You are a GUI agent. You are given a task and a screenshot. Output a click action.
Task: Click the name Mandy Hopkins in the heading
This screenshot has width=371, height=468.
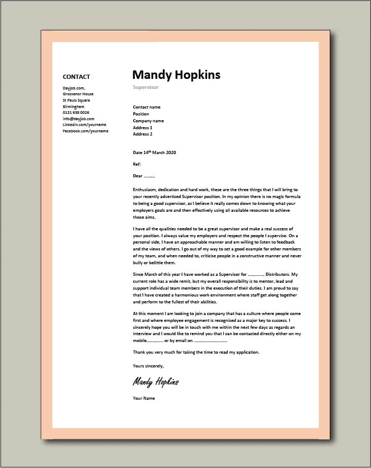(176, 75)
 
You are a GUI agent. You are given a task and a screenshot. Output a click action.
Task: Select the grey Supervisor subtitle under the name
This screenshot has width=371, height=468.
(145, 87)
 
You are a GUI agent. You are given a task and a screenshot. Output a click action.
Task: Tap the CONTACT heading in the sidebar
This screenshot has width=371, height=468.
(76, 77)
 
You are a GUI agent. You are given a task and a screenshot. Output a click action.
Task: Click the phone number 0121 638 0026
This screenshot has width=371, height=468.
(76, 112)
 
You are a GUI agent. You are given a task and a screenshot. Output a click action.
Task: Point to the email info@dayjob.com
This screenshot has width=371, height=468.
(77, 119)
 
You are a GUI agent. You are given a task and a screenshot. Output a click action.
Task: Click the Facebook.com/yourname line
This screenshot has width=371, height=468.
(86, 131)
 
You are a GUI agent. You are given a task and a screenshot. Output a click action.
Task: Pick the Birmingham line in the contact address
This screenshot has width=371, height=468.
(73, 106)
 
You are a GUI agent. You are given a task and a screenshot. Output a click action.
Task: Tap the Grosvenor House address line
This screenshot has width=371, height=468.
(78, 94)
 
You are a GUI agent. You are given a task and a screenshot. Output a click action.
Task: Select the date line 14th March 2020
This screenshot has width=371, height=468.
(154, 152)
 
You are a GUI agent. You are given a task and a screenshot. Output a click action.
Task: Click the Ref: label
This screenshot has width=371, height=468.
(137, 164)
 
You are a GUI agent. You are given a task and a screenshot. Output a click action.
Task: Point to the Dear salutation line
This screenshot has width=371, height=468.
(144, 176)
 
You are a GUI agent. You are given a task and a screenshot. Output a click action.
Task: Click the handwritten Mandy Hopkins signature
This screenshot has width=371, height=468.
(156, 382)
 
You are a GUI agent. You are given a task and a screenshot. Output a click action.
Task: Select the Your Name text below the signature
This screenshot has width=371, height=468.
(144, 398)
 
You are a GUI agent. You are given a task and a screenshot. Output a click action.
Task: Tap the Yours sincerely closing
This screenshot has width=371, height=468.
(149, 366)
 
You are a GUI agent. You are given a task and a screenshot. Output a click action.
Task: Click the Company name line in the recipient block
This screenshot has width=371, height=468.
(148, 121)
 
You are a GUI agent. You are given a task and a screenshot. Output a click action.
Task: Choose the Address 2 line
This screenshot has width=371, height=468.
(143, 134)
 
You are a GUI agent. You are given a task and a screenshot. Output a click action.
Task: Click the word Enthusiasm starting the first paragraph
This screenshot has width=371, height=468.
(146, 190)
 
